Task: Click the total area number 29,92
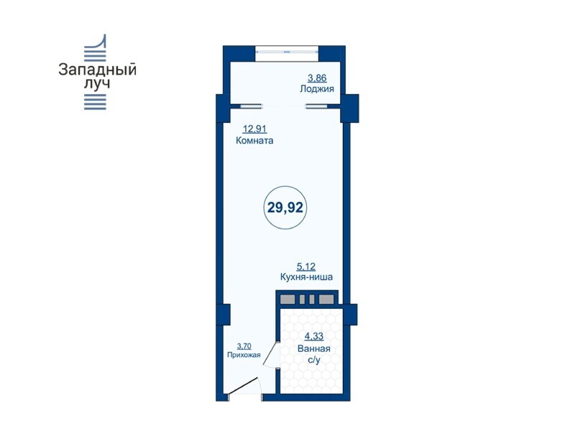tap(285, 208)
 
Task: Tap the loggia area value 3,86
tap(317, 78)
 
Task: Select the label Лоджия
tap(317, 88)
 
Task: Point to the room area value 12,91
tap(254, 129)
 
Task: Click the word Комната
tap(254, 140)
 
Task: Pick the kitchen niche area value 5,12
tap(306, 267)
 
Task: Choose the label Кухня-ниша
tap(306, 277)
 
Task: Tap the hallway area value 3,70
tap(244, 346)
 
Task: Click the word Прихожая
tap(244, 355)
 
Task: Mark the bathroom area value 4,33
tap(314, 336)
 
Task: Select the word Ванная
tap(314, 348)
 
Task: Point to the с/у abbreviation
tap(314, 360)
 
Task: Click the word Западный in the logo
tap(97, 70)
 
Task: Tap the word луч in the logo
tap(97, 83)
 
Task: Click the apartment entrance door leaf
tap(242, 387)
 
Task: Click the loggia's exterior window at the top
tap(287, 52)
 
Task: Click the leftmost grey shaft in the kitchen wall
tap(287, 300)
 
